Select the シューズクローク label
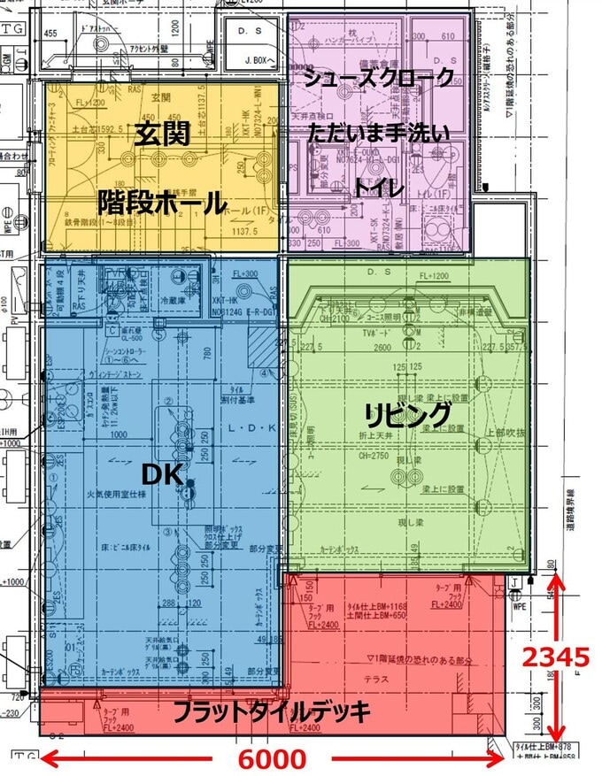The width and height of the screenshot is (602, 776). tap(379, 78)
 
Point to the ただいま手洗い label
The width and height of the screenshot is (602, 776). tap(379, 134)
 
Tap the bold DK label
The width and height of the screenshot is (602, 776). tap(163, 475)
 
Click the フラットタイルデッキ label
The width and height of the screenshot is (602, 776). tap(269, 711)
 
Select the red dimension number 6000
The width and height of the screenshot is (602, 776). tap(271, 759)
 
